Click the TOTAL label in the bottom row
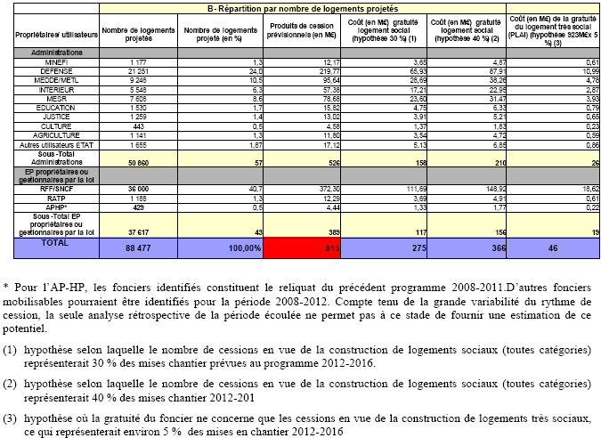32,243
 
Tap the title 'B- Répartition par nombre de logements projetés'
303,7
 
